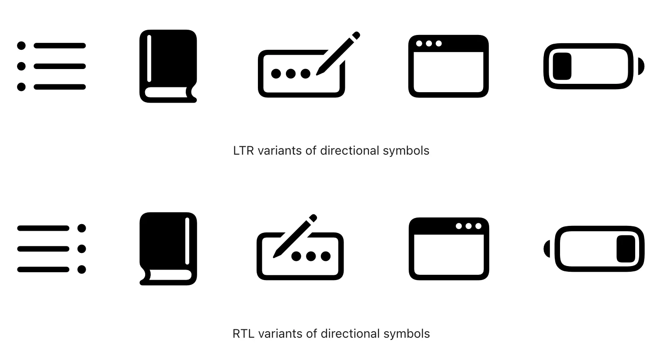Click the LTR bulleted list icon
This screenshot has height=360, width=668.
coord(51,66)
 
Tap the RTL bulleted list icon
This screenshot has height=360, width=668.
coord(51,249)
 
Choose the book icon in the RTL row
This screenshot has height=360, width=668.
coord(168,249)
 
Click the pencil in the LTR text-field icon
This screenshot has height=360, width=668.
coord(337,53)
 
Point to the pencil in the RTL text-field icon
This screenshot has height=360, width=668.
coord(295,236)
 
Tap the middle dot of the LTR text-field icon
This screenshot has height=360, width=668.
coord(291,74)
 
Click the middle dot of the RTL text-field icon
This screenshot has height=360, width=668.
coord(311,256)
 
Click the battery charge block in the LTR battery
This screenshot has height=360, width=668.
coord(562,66)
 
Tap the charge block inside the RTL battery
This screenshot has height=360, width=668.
coord(626,249)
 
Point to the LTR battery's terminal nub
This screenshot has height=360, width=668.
coord(641,66)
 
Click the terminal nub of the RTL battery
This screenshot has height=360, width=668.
coord(547,249)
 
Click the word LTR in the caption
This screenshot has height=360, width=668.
coord(243,151)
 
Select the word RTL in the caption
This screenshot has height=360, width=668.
coord(243,334)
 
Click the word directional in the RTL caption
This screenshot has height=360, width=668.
coord(350,334)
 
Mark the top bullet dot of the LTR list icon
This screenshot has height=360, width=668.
coord(21,45)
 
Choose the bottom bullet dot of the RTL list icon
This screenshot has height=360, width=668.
coord(82,270)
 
